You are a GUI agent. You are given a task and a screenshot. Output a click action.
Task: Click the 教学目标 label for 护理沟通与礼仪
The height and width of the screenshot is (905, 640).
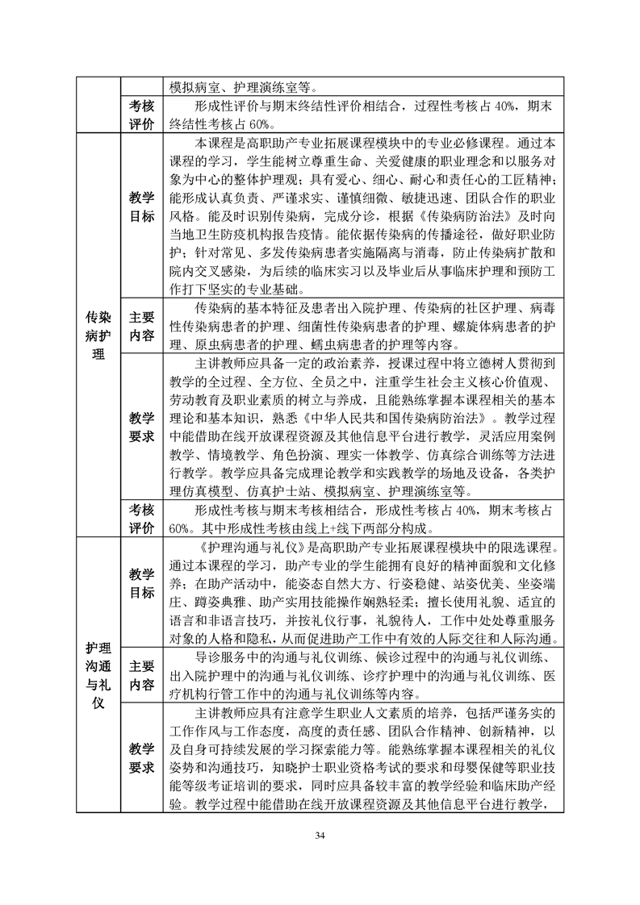click(141, 584)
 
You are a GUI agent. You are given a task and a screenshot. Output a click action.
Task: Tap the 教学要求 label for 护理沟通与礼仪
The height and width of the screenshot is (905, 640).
click(141, 758)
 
